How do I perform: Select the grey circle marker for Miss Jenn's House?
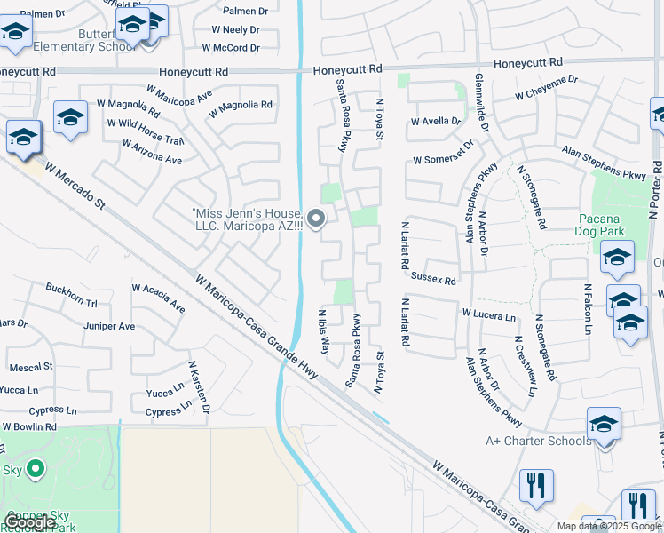[315, 218]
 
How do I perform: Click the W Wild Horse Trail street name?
[145, 131]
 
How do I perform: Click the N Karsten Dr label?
[198, 386]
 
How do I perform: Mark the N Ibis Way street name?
[324, 331]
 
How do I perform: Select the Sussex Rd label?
[433, 279]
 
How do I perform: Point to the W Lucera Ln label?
[488, 314]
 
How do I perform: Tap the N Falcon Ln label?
[587, 308]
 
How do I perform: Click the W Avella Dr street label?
[436, 122]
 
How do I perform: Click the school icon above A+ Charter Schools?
[604, 424]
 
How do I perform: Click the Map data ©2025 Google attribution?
[610, 526]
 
